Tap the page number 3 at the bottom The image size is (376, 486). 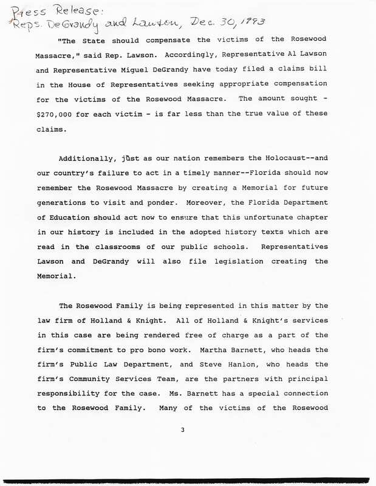182,431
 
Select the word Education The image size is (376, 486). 66,216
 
